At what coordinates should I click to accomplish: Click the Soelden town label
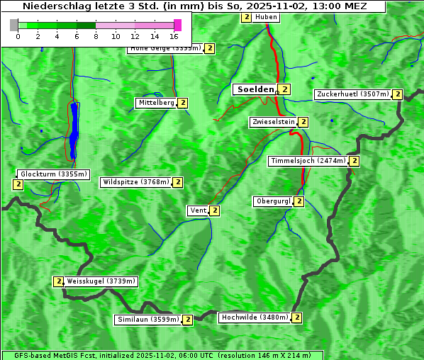coord(254,89)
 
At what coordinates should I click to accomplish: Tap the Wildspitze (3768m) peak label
coord(136,182)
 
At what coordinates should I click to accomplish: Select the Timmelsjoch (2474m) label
coord(308,161)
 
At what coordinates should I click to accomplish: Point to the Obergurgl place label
coord(273,201)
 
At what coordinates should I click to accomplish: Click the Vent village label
coord(197,210)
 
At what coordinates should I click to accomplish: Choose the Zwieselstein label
coord(273,122)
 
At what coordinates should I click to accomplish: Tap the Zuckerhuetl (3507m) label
coord(352,94)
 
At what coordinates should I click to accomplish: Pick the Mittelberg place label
coord(156,103)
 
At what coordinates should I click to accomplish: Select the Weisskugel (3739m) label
coord(100,281)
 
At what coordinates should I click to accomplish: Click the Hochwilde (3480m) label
coord(254,317)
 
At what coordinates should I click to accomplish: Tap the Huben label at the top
coord(266,17)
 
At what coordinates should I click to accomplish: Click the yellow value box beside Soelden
coord(284,89)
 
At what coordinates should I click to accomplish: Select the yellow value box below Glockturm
coord(18,184)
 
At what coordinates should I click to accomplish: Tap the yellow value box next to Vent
coord(214,210)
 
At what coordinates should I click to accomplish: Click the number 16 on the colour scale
coord(174,36)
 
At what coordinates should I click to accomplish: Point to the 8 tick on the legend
coord(96,36)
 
